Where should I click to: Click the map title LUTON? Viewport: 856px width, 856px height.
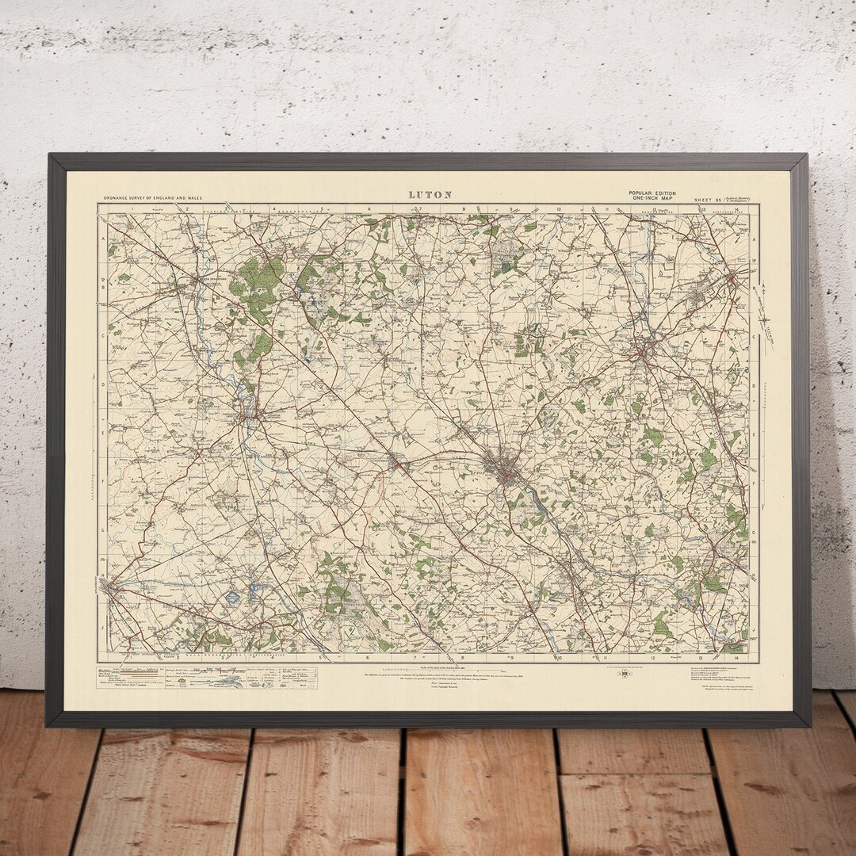(430, 194)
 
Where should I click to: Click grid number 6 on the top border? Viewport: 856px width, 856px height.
(369, 209)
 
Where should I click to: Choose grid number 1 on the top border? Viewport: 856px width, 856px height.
(143, 209)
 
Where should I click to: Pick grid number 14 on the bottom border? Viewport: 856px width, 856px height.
(736, 658)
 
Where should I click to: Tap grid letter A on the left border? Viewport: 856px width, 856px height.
(102, 239)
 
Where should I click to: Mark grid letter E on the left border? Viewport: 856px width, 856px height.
(102, 434)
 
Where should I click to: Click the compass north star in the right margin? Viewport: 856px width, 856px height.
(765, 321)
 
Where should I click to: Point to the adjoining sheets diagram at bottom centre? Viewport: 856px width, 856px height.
(625, 674)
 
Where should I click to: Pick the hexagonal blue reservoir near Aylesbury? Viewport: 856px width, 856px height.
(231, 598)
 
